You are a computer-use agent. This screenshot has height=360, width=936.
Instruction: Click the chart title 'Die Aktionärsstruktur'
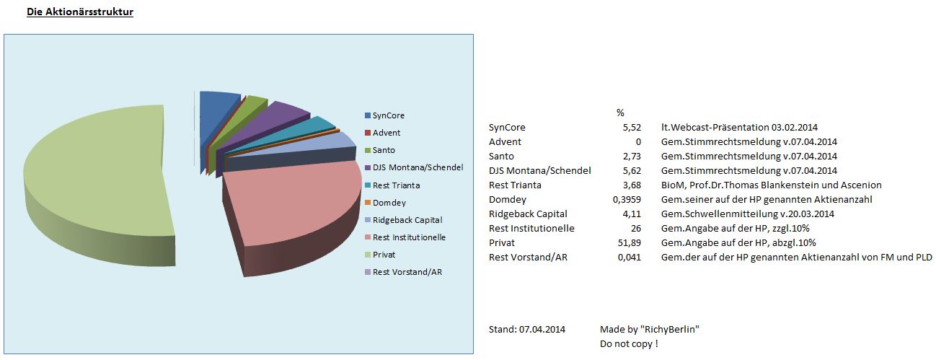pos(80,12)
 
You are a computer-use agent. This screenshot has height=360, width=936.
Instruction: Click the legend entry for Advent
pos(386,133)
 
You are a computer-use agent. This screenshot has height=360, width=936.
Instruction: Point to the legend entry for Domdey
pos(388,203)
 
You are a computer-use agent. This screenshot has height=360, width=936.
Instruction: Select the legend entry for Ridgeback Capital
pos(407,220)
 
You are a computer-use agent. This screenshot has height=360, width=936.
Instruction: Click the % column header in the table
pos(620,113)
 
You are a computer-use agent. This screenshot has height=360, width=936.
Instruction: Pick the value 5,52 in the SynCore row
pos(620,127)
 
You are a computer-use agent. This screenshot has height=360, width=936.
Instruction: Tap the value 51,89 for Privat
pos(618,242)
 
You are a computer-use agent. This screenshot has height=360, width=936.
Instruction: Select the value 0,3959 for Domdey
pos(615,199)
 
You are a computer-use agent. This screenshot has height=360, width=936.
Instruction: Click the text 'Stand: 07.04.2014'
pos(527,330)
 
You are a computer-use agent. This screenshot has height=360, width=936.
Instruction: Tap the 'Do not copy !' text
pos(629,344)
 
